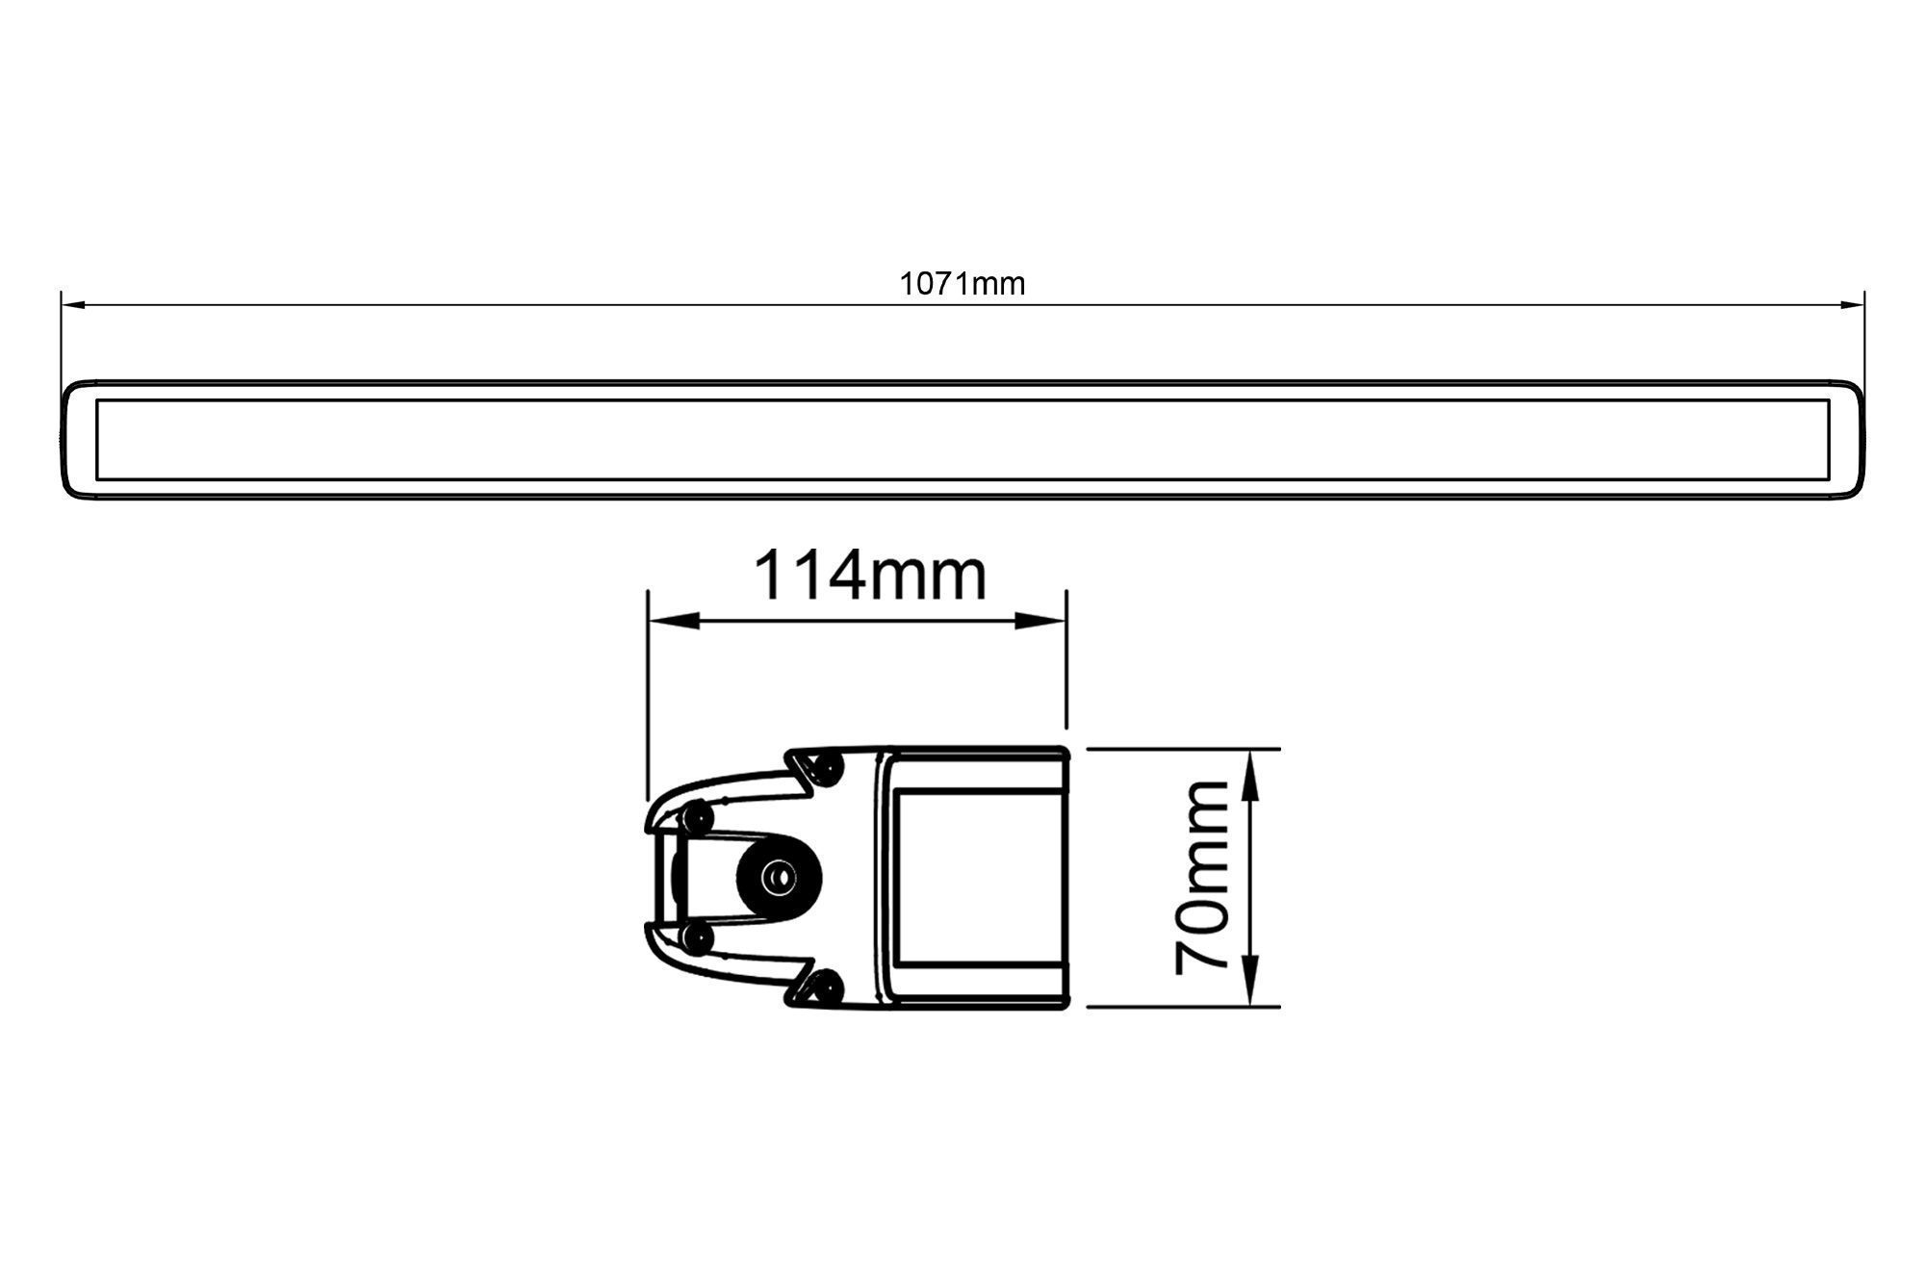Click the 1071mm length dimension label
pos(962,284)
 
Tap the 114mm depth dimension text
pos(870,576)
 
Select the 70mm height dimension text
pos(1203,877)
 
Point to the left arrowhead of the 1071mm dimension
pos(74,305)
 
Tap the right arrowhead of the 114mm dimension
pos(1042,621)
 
